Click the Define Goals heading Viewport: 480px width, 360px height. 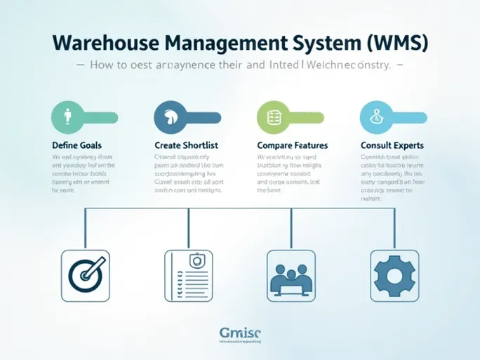(x=77, y=145)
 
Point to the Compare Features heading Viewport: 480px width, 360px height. (x=293, y=145)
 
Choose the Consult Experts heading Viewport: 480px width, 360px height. (x=392, y=145)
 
